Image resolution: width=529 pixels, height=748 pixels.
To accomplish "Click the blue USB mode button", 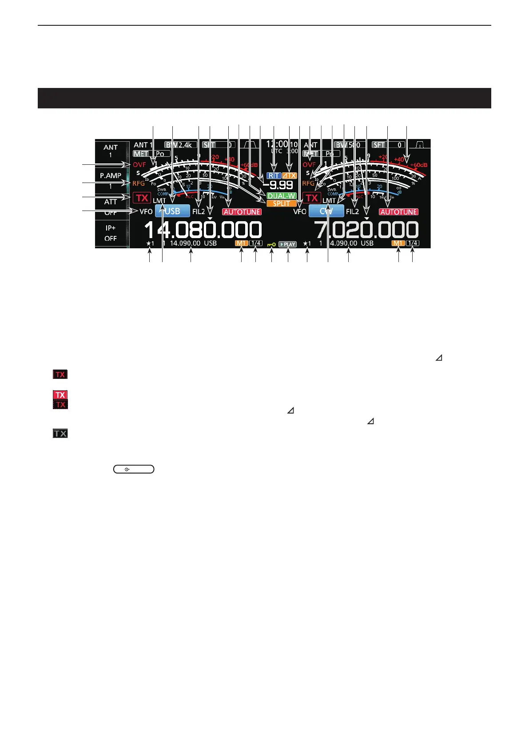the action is tap(172, 211).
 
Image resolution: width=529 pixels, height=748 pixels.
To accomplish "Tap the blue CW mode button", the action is tap(326, 211).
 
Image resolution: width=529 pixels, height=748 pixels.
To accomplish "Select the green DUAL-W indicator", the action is tap(282, 196).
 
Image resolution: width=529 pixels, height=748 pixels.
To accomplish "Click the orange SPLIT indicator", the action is tap(282, 203).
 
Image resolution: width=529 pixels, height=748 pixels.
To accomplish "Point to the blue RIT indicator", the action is tap(274, 175).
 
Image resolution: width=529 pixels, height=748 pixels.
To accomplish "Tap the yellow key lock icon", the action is tap(271, 244).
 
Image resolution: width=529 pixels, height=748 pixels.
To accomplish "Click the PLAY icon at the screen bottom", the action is tap(288, 244).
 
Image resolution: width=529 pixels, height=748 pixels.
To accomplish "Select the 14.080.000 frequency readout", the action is tap(203, 230).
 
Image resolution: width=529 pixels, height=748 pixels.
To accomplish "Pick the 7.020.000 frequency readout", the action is tap(366, 230).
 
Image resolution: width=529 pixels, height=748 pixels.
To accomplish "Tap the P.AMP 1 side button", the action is tap(111, 180).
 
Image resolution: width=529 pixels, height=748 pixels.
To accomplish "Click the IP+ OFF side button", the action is tap(111, 233).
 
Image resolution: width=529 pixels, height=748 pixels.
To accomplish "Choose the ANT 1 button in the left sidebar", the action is tap(111, 151).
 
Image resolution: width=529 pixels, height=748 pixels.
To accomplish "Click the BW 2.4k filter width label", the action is tap(179, 145).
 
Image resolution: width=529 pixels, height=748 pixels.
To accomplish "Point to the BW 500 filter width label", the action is tap(350, 145).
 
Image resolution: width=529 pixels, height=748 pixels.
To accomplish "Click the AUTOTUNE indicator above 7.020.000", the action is tap(398, 212).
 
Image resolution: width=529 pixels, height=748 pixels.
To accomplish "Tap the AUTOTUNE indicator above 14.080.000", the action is tap(242, 212).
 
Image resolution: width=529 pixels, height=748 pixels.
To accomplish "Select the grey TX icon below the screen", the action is tap(60, 433).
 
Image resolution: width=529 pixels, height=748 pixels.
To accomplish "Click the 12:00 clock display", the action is tap(277, 144).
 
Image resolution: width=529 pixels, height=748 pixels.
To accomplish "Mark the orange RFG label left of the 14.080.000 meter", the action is tap(139, 183).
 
